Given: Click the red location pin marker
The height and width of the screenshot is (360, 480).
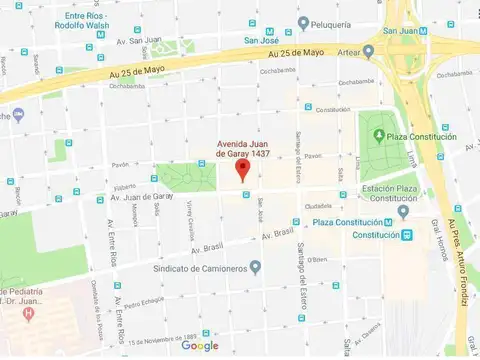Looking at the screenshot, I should coord(241,169).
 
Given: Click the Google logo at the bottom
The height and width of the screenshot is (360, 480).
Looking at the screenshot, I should coord(200,346).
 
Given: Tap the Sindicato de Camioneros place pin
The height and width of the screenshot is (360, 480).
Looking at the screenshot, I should coord(256,267).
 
